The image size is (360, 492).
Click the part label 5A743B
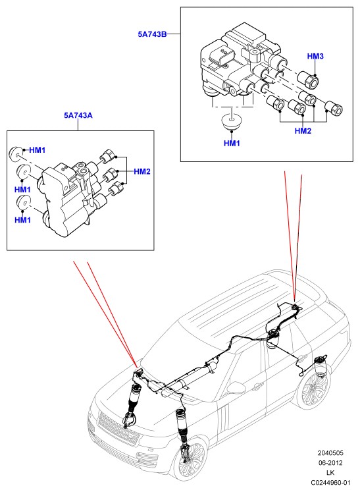point(152,34)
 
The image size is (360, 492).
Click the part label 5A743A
point(78,115)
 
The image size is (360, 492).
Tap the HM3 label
point(315,57)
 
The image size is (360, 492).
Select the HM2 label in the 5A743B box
point(303,131)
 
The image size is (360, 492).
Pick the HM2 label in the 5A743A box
point(142,171)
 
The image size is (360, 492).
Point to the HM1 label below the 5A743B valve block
point(232,144)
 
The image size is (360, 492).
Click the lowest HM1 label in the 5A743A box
point(22,220)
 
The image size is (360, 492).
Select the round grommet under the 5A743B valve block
point(232,123)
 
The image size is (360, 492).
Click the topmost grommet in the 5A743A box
point(15,153)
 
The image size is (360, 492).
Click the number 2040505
point(330,453)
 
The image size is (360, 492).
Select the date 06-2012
point(330,463)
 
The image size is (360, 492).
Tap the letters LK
point(330,472)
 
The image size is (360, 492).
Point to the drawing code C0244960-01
point(330,482)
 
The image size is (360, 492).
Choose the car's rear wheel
point(313,390)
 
